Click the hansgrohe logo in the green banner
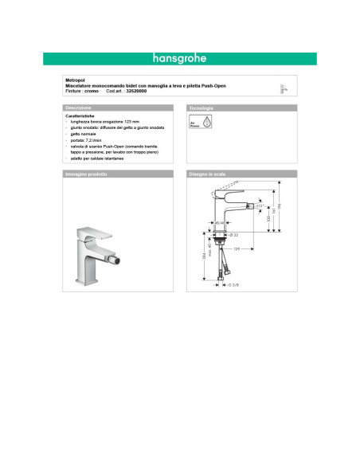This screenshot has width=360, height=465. [178, 58]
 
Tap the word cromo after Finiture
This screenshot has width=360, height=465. [91, 91]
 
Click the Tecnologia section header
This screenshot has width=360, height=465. [201, 107]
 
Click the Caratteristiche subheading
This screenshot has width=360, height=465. [80, 115]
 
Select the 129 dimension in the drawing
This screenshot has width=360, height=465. [236, 249]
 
